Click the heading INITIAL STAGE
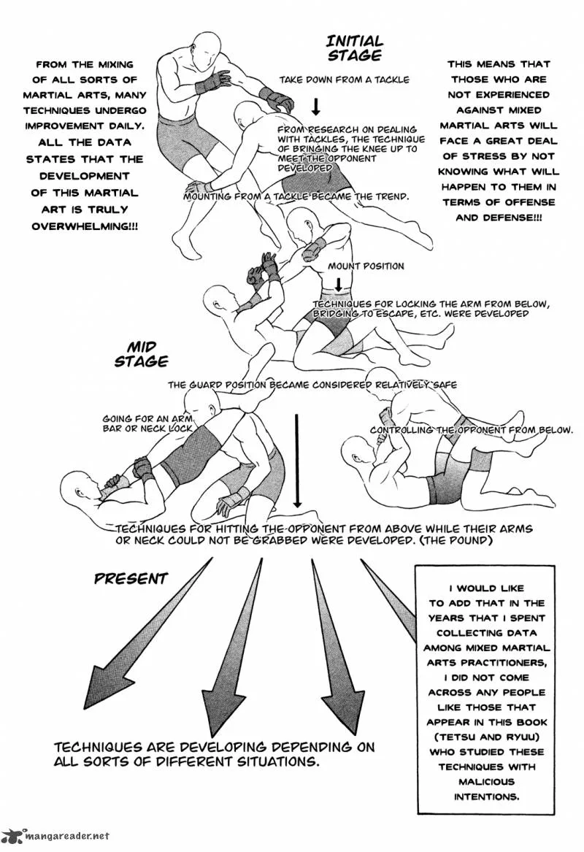[x=355, y=47]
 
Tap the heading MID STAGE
[x=141, y=354]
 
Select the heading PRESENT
[x=131, y=579]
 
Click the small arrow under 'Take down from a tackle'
[x=315, y=106]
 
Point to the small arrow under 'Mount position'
[x=338, y=284]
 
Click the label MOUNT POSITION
[x=366, y=266]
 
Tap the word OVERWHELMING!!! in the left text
[x=85, y=226]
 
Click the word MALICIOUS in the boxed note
[x=487, y=781]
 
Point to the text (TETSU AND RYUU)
[x=487, y=737]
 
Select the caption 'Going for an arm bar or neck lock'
[x=147, y=423]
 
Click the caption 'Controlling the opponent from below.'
[x=472, y=430]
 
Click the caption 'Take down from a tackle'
[x=344, y=80]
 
